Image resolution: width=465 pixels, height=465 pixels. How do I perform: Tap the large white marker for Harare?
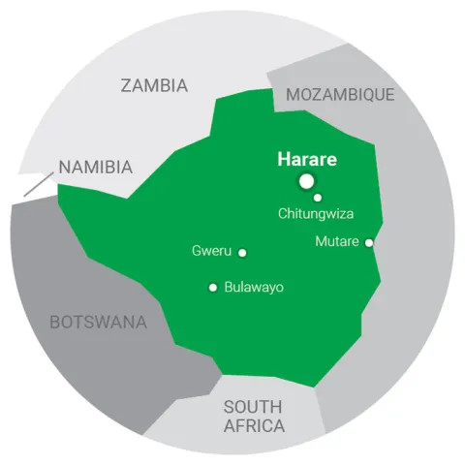coord(307,181)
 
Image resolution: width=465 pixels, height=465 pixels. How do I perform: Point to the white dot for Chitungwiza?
coord(318,198)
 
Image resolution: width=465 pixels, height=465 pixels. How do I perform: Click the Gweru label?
coord(212,252)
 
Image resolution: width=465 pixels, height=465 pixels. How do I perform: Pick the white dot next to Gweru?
coord(242,253)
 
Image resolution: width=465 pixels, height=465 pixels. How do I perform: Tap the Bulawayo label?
coord(254,288)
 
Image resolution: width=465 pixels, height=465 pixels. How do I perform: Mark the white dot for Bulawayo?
coord(213,287)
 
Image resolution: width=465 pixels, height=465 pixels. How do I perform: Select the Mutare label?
coord(337,241)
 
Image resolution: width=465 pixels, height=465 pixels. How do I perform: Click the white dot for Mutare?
coord(368,242)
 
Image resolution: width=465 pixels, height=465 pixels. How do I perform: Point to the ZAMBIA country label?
coord(154,85)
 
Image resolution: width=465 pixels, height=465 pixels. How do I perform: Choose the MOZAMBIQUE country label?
coord(340,94)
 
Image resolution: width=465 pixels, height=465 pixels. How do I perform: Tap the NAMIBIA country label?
coord(95,167)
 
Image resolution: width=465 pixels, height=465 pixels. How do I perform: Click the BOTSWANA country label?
coord(98,322)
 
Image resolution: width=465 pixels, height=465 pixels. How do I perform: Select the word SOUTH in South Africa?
coord(253,407)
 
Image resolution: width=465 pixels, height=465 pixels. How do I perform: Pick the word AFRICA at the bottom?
coord(254,426)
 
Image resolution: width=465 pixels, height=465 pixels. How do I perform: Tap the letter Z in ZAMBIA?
coord(126,85)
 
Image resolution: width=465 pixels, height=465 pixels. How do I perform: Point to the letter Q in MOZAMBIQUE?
coord(373,95)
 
